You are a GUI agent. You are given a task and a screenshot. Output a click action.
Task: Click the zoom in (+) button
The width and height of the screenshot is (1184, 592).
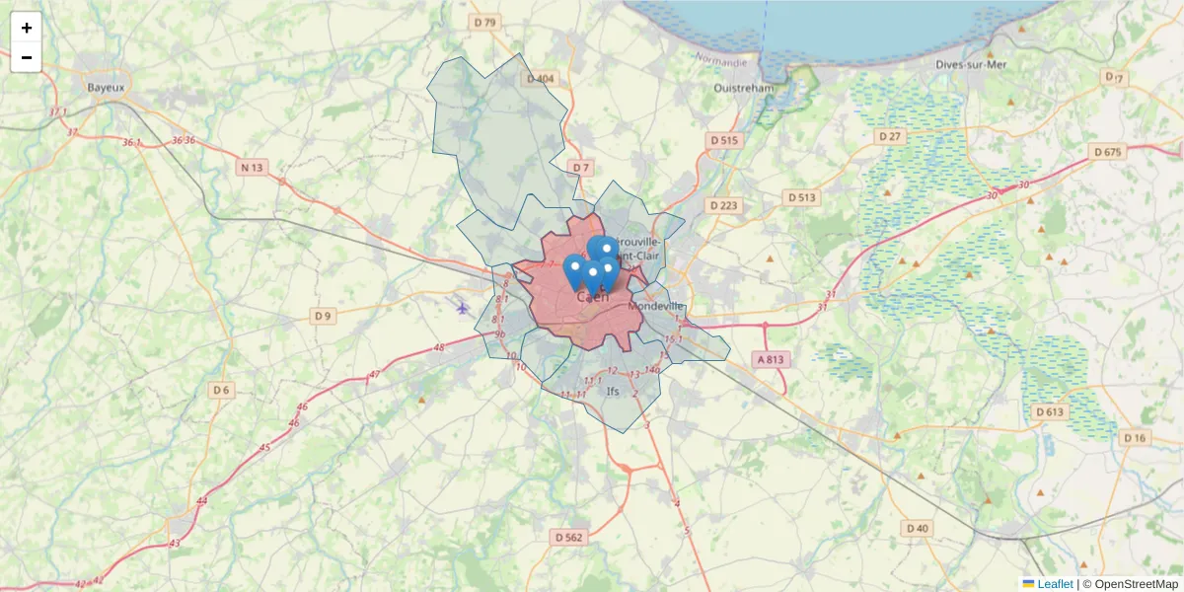27,28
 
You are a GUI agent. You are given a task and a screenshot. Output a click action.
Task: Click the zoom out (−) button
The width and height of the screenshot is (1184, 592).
27,57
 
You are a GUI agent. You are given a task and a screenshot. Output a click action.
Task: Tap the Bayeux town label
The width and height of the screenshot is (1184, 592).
106,87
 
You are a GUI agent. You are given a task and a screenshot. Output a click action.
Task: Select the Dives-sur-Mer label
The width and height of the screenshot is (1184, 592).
971,65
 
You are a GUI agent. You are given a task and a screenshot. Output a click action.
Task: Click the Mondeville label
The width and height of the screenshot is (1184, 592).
656,306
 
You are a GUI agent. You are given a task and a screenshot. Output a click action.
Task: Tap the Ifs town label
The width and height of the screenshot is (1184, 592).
613,391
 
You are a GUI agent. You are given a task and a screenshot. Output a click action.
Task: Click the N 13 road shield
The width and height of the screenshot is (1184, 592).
252,168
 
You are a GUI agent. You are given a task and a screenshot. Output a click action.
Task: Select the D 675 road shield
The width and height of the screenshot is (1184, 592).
1108,152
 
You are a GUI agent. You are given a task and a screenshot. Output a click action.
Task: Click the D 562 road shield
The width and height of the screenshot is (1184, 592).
569,538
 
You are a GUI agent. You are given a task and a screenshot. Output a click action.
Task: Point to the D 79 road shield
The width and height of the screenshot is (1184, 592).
484,22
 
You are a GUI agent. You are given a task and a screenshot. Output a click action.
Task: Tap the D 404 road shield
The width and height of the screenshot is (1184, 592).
541,79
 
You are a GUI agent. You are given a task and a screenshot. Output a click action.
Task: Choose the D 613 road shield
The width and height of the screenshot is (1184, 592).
1050,411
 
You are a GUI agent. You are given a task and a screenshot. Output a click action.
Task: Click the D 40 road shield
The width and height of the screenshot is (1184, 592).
917,528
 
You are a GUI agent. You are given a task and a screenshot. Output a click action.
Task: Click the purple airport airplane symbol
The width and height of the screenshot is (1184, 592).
463,308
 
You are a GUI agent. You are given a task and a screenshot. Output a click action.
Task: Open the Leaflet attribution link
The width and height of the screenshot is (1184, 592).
1055,584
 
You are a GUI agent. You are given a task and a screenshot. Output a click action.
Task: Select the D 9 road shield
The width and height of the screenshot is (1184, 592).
323,316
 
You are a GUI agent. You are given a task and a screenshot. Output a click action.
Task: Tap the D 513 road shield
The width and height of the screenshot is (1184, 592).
802,197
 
